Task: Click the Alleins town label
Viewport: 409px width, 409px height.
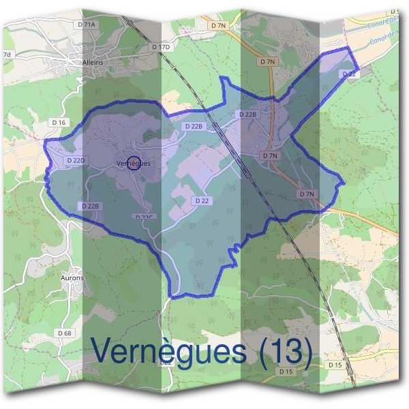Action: pos(91,62)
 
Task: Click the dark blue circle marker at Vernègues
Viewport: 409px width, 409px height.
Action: pos(134,162)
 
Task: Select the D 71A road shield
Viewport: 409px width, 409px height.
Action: pos(88,24)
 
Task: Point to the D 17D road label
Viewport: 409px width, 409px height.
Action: pos(161,47)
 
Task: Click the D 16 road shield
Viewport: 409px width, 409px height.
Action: pos(59,122)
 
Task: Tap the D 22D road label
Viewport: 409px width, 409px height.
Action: pos(76,160)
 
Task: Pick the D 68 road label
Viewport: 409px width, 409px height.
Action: pos(65,333)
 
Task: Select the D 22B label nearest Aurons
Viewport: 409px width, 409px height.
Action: pos(90,205)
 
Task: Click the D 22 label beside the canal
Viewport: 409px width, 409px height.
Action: pos(349,74)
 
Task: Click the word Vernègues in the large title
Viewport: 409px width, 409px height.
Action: pos(168,351)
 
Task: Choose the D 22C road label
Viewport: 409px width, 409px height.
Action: pos(145,217)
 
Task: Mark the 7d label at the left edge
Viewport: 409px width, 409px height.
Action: pos(7,55)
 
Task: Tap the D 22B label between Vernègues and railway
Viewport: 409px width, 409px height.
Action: pos(194,126)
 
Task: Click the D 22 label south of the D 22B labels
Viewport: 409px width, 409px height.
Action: pos(201,200)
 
